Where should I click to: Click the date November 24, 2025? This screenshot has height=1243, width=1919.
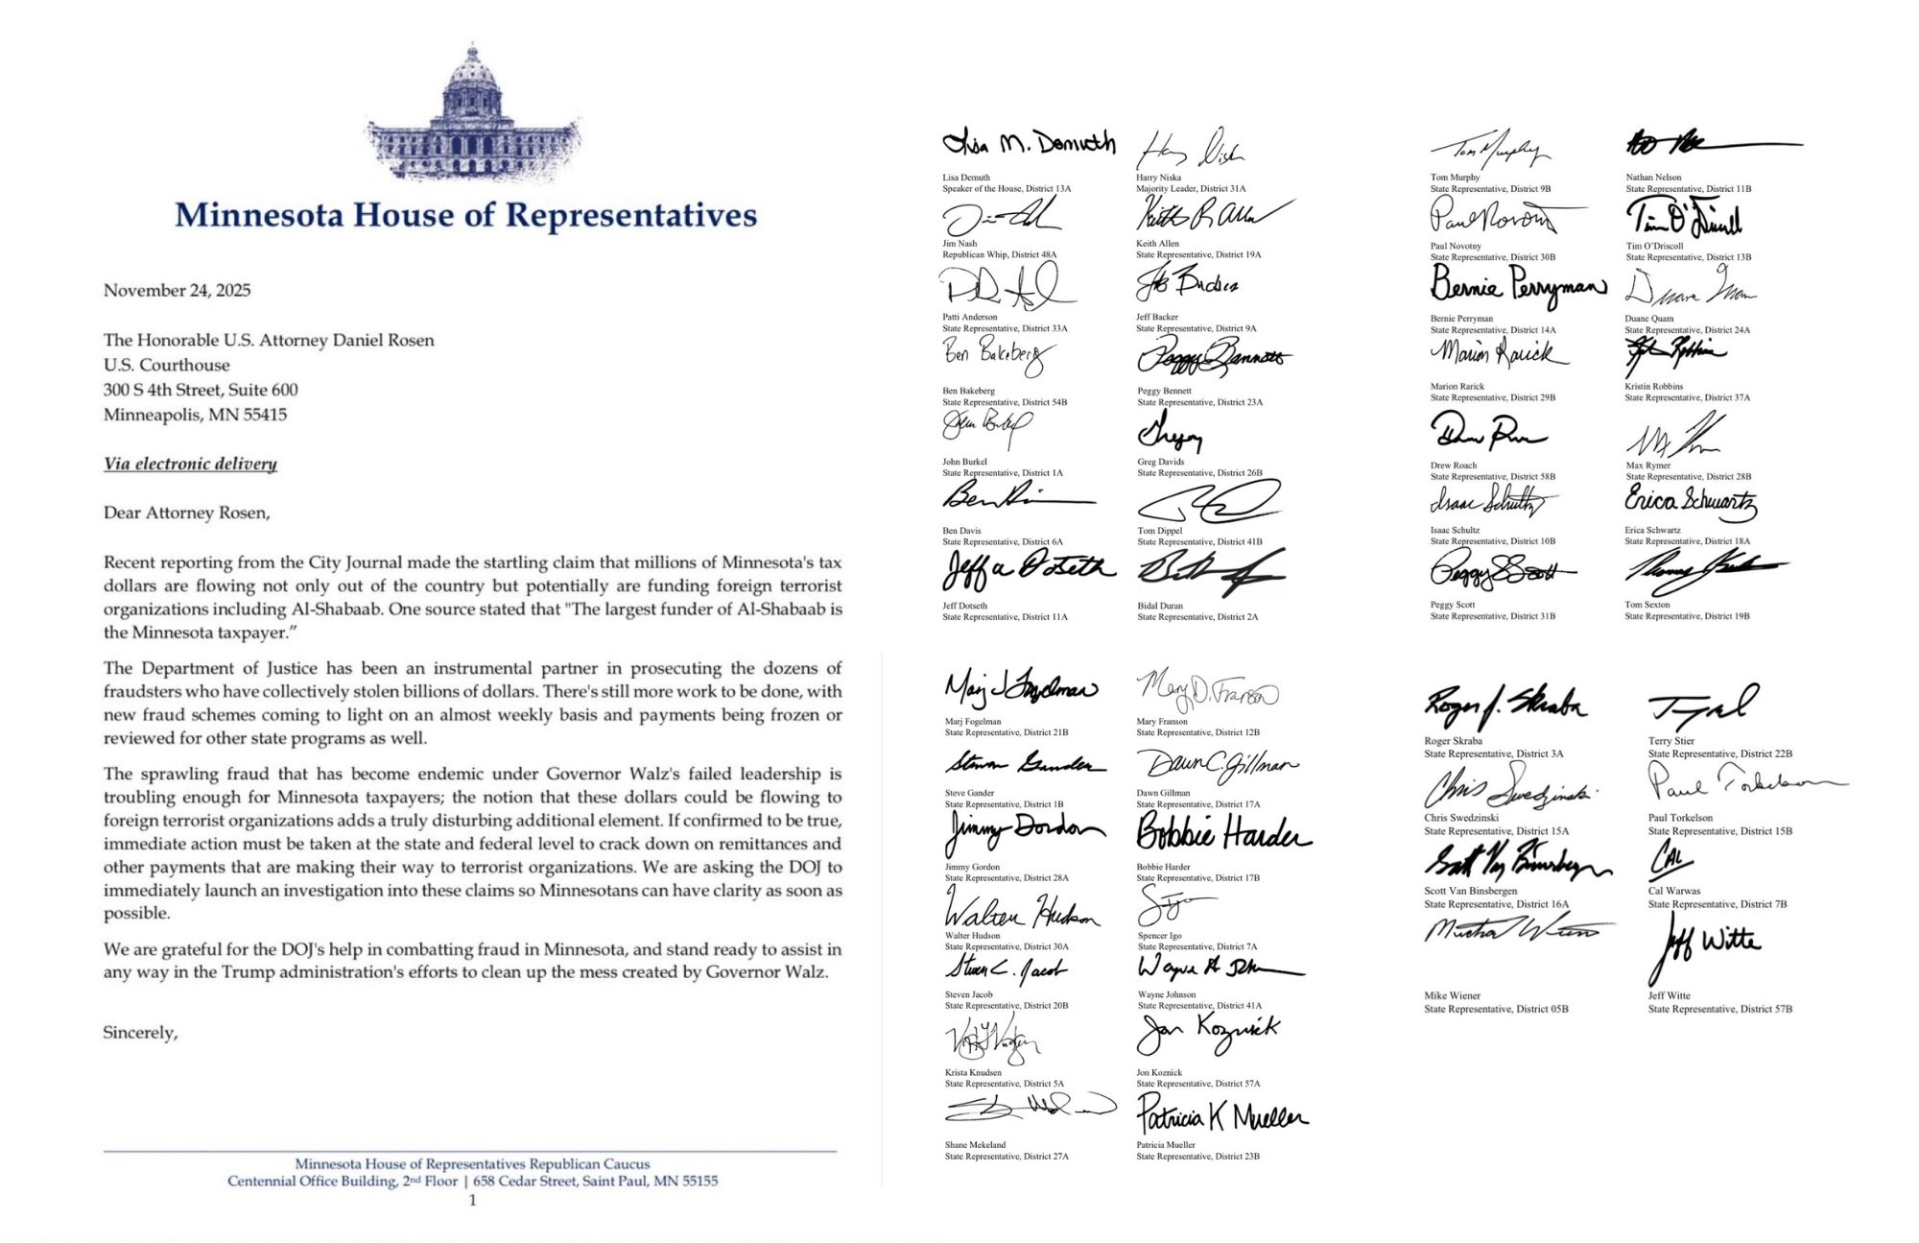tap(178, 290)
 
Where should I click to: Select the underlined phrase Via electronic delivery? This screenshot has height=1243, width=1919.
tap(190, 464)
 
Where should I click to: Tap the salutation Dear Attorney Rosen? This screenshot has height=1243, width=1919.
tap(186, 513)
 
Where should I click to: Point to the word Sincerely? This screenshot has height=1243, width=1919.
tap(140, 1033)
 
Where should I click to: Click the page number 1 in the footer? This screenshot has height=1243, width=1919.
tap(472, 1200)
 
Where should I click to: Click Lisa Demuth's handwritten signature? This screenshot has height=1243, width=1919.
tap(1029, 144)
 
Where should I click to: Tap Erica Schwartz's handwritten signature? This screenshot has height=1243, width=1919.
tap(1690, 500)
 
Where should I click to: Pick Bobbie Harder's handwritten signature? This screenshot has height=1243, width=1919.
tap(1222, 833)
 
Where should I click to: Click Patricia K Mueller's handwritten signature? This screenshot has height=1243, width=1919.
tap(1221, 1115)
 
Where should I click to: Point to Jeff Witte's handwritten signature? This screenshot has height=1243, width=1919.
tap(1709, 943)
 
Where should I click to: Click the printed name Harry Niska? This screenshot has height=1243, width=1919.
tap(1158, 178)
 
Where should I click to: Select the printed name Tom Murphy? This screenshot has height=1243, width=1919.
tap(1455, 178)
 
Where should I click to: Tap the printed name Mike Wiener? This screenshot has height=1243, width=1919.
tap(1452, 995)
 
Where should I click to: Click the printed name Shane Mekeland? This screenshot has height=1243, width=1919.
tap(975, 1144)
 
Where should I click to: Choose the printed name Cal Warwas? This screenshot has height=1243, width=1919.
tap(1674, 891)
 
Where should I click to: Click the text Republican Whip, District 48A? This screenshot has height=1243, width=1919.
tap(999, 254)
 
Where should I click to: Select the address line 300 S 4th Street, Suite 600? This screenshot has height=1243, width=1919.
tap(201, 390)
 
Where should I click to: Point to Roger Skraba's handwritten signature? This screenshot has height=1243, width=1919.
tap(1504, 706)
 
